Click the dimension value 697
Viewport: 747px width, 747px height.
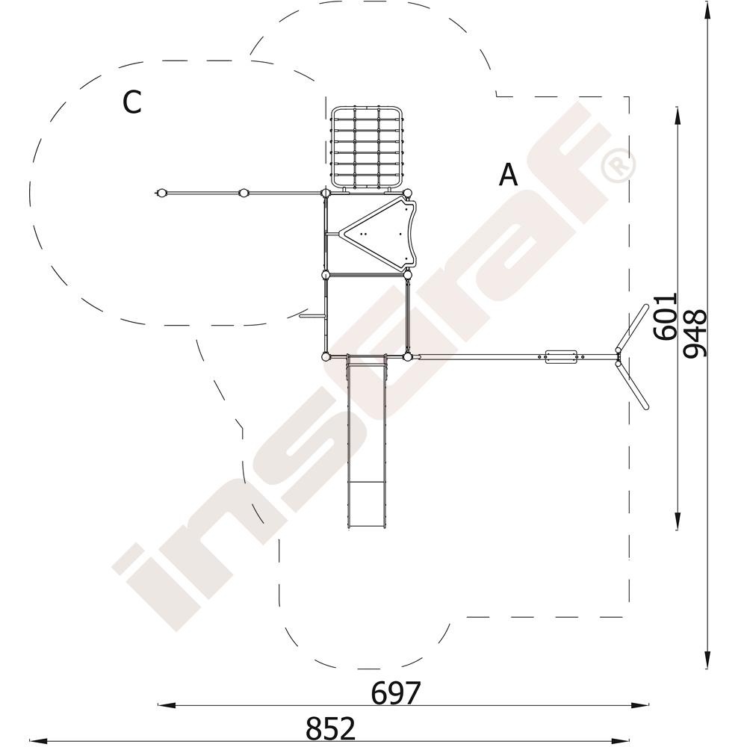click(396, 692)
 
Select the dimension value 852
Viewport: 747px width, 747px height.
click(331, 728)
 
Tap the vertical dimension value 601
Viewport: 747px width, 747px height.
click(665, 316)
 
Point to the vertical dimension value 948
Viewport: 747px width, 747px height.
click(695, 333)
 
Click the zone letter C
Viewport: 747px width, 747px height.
click(131, 102)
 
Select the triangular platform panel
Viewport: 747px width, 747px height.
click(379, 235)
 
